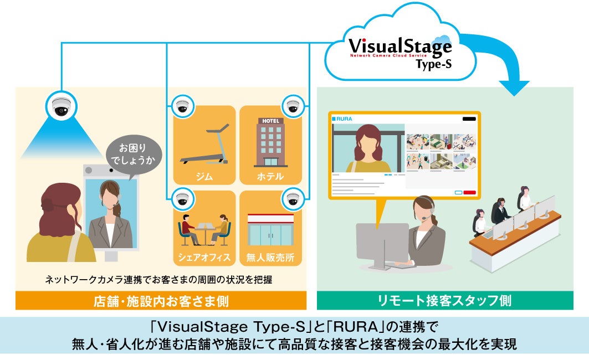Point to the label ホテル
point(270,177)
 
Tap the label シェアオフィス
point(204,257)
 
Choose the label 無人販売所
point(270,257)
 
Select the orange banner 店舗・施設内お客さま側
point(161,301)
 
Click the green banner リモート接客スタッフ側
point(445,301)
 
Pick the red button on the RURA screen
point(469,193)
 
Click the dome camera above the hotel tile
point(293,106)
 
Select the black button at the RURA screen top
point(469,119)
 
